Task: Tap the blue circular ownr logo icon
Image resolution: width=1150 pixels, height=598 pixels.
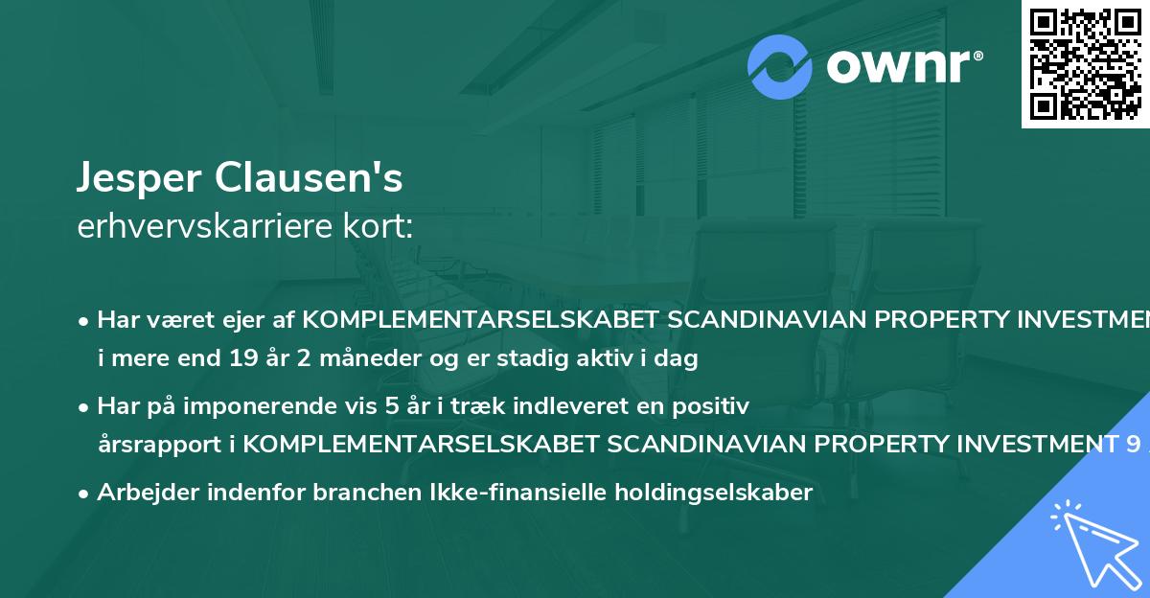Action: coord(781,67)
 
